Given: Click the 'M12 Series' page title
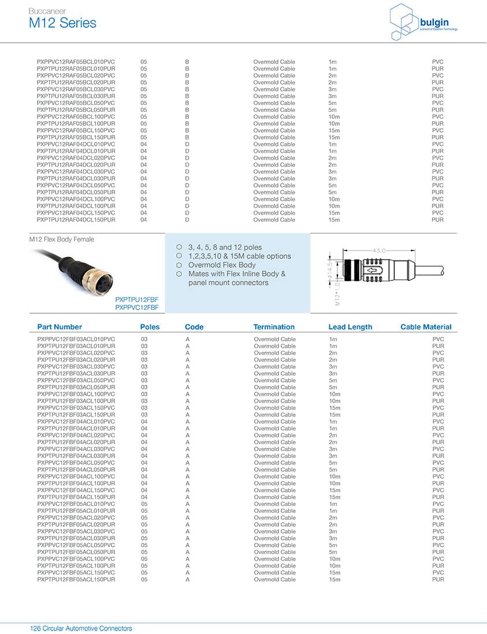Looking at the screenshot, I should coord(62,23).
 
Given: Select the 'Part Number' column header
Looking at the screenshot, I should coord(60,327).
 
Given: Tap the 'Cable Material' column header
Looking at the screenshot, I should coord(426,327).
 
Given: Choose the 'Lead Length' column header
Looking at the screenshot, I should coord(350,327).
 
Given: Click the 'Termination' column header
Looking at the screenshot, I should coord(274,327).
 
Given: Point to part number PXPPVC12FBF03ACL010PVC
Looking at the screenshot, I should coord(76,339).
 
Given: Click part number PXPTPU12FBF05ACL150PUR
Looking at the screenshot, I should coord(76,579).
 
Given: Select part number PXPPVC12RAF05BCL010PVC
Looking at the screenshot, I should coord(76,62).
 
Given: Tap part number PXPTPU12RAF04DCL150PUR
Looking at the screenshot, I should coord(76,220).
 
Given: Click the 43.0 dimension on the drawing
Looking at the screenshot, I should coord(378,251).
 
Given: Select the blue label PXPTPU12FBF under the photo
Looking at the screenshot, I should coord(137,300).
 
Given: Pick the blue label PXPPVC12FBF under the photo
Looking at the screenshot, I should coord(137,308).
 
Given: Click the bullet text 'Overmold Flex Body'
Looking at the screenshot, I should coord(222,265).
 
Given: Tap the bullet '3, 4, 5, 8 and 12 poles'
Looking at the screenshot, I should coord(225,247).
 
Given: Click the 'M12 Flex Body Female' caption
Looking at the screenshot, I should coord(61,239).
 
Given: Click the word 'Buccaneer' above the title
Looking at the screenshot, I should coord(47,11).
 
